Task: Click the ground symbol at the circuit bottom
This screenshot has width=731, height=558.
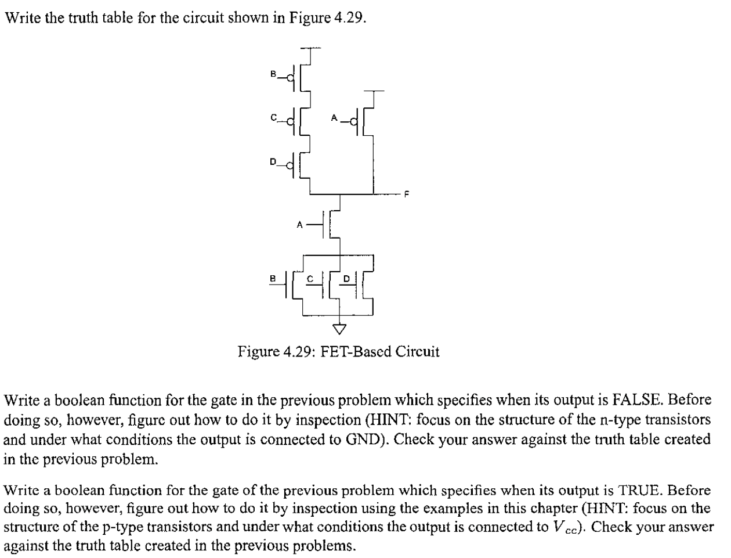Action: (x=339, y=329)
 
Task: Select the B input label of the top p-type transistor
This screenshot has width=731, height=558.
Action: (x=273, y=74)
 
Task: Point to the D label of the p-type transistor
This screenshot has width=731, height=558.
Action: (x=273, y=162)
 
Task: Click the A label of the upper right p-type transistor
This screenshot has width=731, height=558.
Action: (x=334, y=118)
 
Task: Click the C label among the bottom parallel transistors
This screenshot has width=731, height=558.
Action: (x=310, y=279)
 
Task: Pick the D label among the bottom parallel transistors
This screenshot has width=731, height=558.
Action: (x=346, y=279)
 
